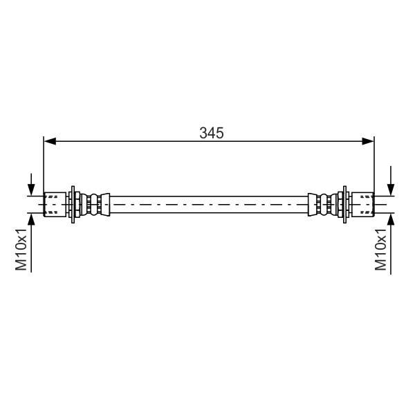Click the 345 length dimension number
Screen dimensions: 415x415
tap(212, 133)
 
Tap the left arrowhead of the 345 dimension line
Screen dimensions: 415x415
tap(50, 141)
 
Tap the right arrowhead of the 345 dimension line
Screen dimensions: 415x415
tap(368, 141)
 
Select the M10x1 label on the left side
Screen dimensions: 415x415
tap(21, 249)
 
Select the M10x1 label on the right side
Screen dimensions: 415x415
tap(380, 249)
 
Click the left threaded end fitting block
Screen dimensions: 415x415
tap(55, 205)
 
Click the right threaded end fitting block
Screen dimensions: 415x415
tap(363, 205)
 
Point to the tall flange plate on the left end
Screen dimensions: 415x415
tap(73, 204)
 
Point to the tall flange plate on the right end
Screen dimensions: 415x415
tap(344, 204)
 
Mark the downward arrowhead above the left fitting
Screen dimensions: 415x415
tap(31, 190)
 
